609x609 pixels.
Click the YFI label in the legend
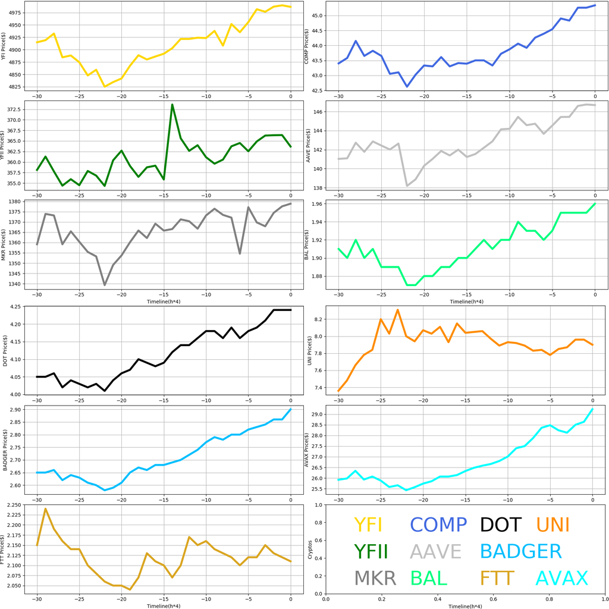[x=368, y=525]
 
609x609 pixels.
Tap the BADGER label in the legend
[x=520, y=551]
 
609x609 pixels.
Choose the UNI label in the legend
[x=553, y=525]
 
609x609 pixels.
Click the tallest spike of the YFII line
[x=172, y=105]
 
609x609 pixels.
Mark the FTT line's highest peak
[x=45, y=508]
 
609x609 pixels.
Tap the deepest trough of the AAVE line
[x=407, y=186]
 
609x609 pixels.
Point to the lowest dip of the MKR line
[x=105, y=285]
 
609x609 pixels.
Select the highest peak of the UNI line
[x=398, y=310]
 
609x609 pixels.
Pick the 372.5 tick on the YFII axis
[x=16, y=110]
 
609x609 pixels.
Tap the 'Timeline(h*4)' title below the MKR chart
[x=164, y=302]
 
